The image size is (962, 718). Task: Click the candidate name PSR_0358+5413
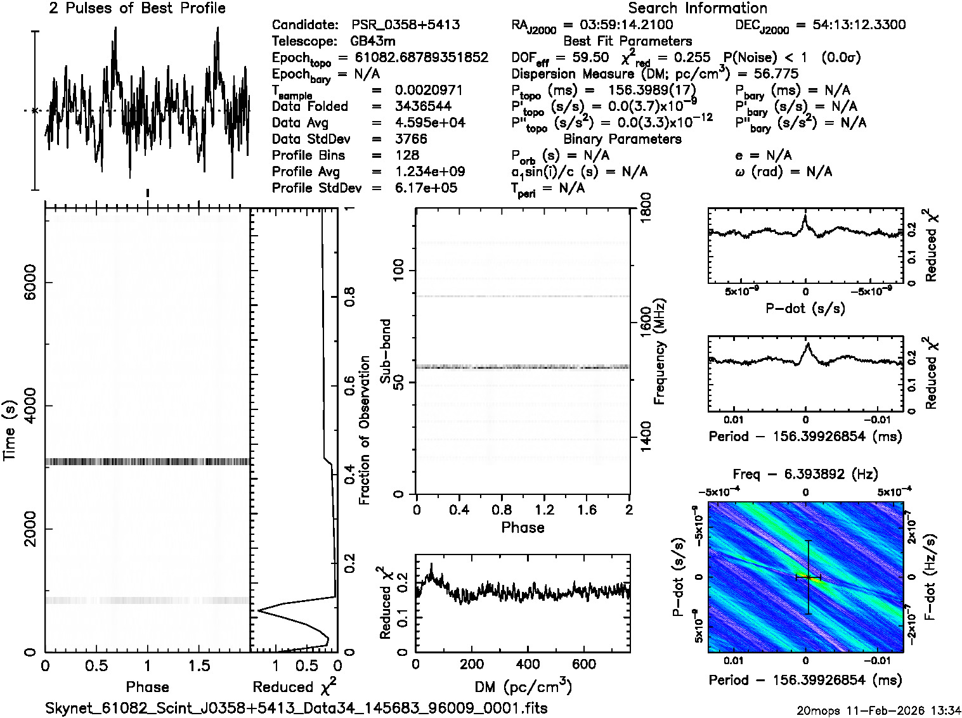[x=406, y=25]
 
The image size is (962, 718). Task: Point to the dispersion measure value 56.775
[x=776, y=74]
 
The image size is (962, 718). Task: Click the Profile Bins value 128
[x=406, y=155]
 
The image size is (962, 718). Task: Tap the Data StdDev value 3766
[x=411, y=139]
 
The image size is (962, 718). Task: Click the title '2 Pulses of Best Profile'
[x=137, y=8]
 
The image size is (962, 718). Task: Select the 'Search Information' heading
[x=698, y=8]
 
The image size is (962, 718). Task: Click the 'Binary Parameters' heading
[x=623, y=139]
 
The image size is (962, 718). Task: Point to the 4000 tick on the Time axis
[x=25, y=406]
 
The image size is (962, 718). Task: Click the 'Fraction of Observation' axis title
[x=365, y=430]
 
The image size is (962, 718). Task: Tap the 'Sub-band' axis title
[x=385, y=351]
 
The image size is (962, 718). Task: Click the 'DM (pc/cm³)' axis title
[x=523, y=686]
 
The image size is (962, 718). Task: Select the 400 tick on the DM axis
[x=528, y=664]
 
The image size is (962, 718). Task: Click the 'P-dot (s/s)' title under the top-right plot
[x=805, y=309]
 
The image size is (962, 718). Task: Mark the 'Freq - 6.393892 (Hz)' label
[x=805, y=474]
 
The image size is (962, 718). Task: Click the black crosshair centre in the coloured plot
[x=808, y=577]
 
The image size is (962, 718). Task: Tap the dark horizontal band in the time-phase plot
[x=147, y=462]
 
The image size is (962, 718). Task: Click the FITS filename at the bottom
[x=297, y=708]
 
